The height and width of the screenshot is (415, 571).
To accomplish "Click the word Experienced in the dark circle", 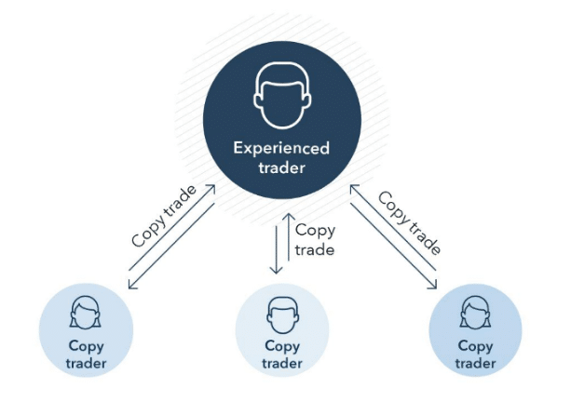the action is pyautogui.click(x=281, y=149).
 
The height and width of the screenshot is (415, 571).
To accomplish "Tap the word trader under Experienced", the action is pyautogui.click(x=281, y=167).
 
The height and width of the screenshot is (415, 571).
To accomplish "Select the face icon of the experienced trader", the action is pyautogui.click(x=282, y=95).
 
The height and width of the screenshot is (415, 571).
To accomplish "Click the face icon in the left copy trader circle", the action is pyautogui.click(x=85, y=313).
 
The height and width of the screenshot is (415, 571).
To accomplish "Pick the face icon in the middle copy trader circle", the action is pyautogui.click(x=282, y=315).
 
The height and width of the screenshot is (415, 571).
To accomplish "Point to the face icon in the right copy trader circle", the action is pyautogui.click(x=475, y=313).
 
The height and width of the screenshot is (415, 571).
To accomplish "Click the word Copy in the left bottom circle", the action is pyautogui.click(x=86, y=346).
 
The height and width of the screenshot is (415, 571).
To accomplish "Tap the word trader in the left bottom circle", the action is pyautogui.click(x=86, y=363).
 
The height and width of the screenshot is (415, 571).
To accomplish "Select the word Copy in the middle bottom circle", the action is pyautogui.click(x=282, y=346).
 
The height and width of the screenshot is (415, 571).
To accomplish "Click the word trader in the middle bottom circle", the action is pyautogui.click(x=282, y=363).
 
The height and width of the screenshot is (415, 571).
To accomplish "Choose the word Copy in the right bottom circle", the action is pyautogui.click(x=475, y=346).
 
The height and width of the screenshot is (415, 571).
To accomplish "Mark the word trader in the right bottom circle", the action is pyautogui.click(x=475, y=363).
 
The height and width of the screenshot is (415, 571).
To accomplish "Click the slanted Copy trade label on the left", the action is pyautogui.click(x=164, y=216).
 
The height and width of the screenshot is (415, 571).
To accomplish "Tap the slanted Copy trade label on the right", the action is pyautogui.click(x=409, y=222).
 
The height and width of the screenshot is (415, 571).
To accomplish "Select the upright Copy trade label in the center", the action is pyautogui.click(x=315, y=240).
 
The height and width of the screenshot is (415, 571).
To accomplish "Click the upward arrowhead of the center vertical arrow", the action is pyautogui.click(x=289, y=217).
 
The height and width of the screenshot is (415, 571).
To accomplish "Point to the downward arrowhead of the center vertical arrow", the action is pyautogui.click(x=276, y=270).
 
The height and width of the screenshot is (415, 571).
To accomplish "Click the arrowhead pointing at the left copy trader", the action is pyautogui.click(x=132, y=285).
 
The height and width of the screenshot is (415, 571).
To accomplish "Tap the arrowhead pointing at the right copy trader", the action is pyautogui.click(x=432, y=285).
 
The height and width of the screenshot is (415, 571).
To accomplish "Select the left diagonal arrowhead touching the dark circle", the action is pyautogui.click(x=211, y=189).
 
